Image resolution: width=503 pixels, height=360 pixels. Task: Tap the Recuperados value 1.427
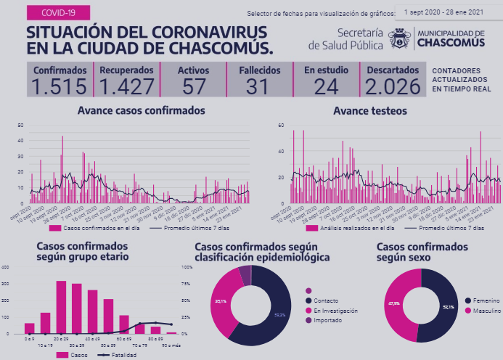coord(126,86)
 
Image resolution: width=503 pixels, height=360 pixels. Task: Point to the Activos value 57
coord(194,86)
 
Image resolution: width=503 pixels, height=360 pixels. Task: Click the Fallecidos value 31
coord(257,86)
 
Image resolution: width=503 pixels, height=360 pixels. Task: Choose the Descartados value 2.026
coord(393,86)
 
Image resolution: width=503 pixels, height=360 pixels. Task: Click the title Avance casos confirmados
coord(141,110)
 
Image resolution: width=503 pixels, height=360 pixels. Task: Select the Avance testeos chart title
coord(369,111)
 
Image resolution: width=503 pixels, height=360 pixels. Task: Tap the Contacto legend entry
coord(329,300)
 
